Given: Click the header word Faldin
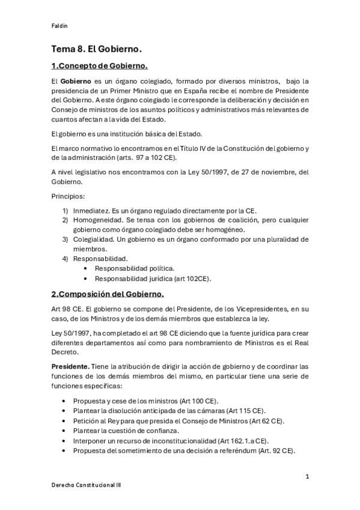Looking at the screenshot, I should tap(59, 26).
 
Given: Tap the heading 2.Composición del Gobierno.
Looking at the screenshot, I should tap(107, 294).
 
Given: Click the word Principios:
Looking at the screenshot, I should tap(67, 196).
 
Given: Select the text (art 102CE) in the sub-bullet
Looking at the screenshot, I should tap(192, 278).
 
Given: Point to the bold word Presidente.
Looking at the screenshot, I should tap(71, 366).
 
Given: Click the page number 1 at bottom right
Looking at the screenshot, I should tap(307, 477).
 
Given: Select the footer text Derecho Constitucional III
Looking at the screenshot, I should tap(85, 485).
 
